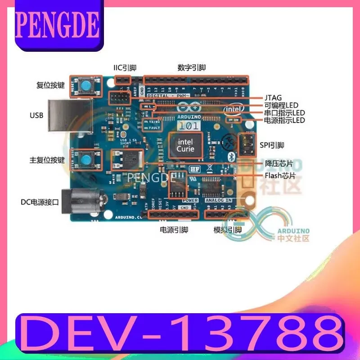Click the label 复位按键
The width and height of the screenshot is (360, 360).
click(x=50, y=85)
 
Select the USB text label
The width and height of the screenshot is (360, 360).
click(x=36, y=116)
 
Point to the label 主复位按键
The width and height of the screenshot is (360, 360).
click(x=47, y=160)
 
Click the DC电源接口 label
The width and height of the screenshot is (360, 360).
click(x=40, y=202)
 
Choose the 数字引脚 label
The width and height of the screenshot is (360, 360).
click(x=192, y=68)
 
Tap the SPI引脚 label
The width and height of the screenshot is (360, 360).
click(x=272, y=145)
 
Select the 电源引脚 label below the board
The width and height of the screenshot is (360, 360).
click(x=174, y=229)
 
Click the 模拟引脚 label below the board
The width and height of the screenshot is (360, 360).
click(x=228, y=229)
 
